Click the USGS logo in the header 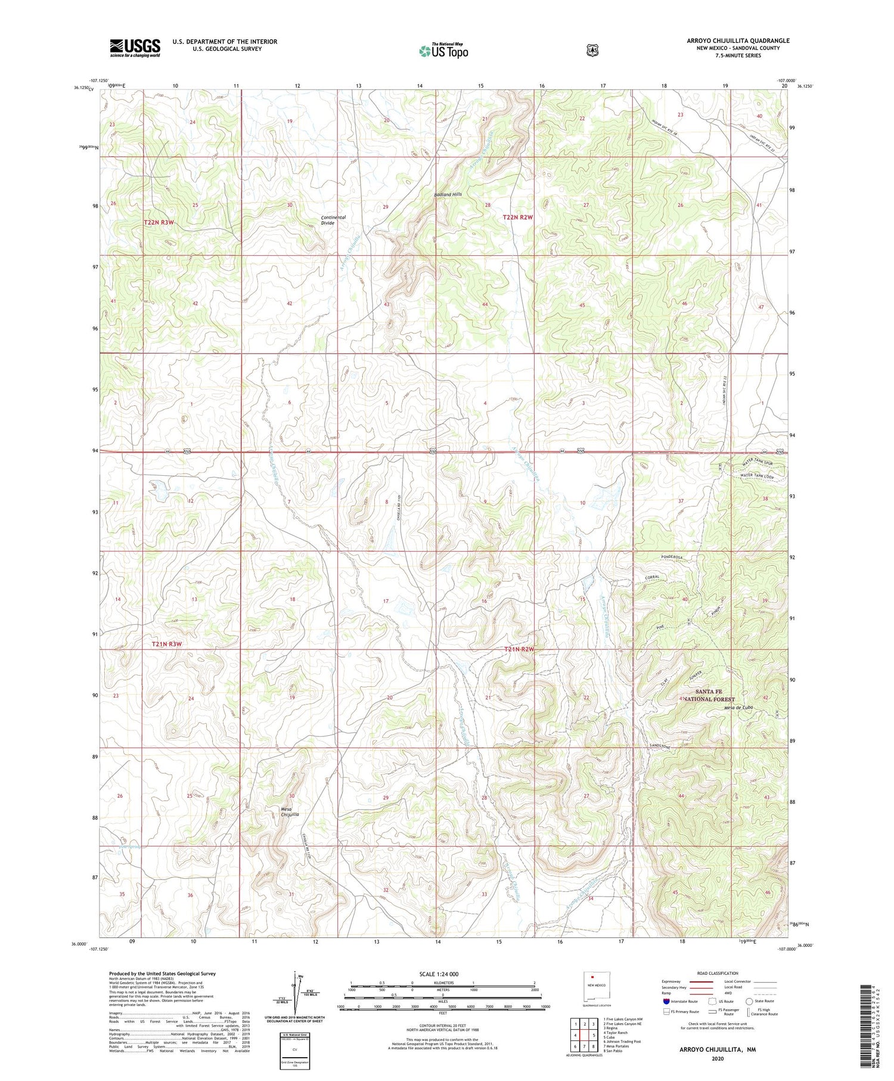135,48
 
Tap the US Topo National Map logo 443,51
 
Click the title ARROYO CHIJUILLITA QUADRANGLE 738,41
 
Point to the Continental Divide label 333,220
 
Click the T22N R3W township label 159,222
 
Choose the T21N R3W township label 166,645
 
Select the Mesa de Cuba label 739,708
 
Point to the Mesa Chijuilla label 290,811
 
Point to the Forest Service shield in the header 591,51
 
